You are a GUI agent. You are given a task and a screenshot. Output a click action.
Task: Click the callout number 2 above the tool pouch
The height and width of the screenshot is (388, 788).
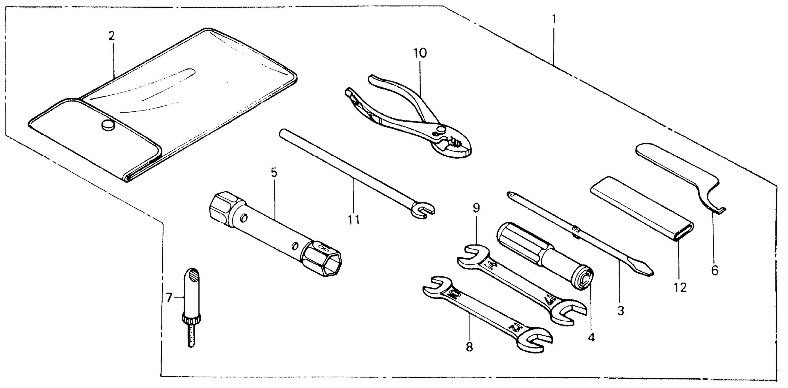pos(111,36)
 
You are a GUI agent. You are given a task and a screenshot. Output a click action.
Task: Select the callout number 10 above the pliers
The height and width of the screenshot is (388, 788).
pos(420,53)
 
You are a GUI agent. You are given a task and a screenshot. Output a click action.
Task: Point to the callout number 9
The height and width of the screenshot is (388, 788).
pos(476,208)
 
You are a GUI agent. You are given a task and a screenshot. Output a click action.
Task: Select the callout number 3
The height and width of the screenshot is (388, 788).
pos(620,311)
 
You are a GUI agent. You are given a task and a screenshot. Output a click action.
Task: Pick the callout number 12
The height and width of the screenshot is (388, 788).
pos(680,287)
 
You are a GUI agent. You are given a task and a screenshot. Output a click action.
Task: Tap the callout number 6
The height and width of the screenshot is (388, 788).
pos(715,271)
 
